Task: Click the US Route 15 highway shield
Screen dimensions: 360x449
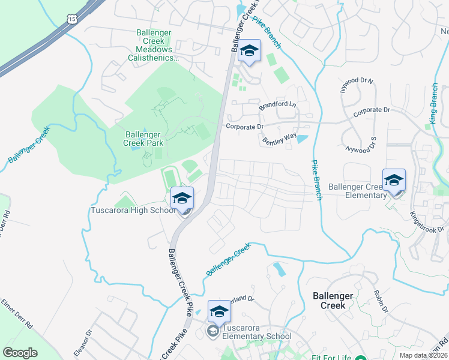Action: point(72,20)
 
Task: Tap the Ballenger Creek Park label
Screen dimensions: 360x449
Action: point(143,139)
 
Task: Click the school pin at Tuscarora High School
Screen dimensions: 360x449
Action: point(182,198)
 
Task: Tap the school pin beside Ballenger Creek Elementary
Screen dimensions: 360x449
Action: point(394,180)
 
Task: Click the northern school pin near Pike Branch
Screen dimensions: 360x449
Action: point(249,52)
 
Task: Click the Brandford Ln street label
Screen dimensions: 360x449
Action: point(278,106)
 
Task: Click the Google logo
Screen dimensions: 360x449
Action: point(20,352)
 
